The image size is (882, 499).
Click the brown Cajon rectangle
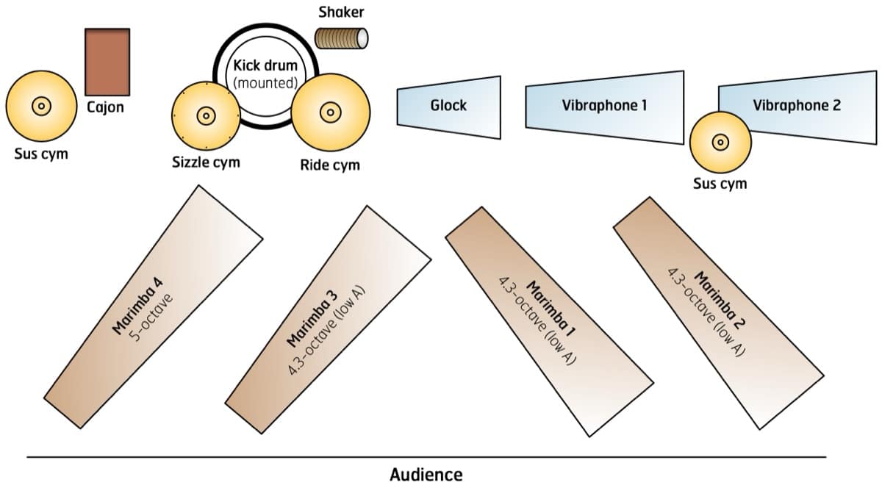(x=107, y=62)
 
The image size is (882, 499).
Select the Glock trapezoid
(x=449, y=107)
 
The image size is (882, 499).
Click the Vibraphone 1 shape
(x=604, y=105)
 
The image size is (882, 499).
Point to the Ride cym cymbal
(x=330, y=112)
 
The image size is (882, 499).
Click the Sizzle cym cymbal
(x=206, y=115)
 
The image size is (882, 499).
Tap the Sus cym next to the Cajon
(x=40, y=107)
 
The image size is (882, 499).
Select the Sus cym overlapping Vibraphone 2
(x=721, y=142)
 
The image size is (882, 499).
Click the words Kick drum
(x=265, y=66)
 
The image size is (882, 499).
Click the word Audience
(x=426, y=475)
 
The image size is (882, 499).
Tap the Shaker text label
(x=341, y=12)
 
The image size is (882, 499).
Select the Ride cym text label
(x=330, y=165)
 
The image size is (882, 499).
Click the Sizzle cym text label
(x=206, y=162)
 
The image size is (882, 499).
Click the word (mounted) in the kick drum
(x=265, y=82)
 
